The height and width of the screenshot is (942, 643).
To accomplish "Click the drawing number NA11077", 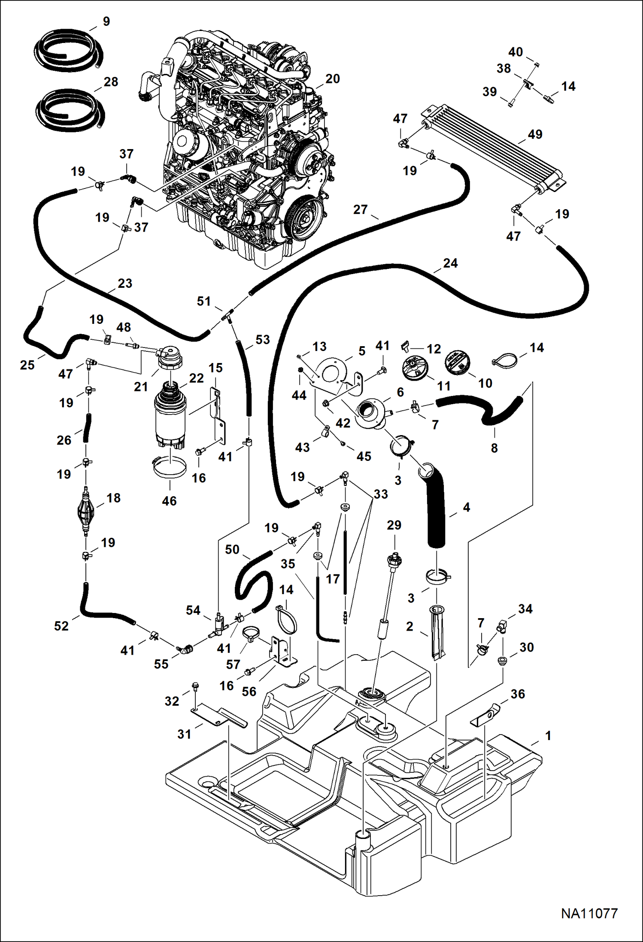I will (589, 914).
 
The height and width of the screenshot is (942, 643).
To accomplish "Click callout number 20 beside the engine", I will (332, 79).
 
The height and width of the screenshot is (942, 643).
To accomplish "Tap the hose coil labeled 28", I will (70, 110).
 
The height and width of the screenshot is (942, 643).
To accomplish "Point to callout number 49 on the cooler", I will (535, 134).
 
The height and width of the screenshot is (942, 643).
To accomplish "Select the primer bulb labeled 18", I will (85, 511).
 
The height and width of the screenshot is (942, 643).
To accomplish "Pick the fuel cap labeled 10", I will (458, 363).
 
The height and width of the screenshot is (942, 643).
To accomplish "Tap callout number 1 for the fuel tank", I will (548, 736).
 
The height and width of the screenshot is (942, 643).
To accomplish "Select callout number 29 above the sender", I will (394, 525).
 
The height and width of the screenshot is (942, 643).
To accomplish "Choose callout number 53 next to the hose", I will (262, 340).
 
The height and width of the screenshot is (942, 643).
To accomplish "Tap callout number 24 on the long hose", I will (450, 263).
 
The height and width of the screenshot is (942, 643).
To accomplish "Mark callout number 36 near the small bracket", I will (518, 694).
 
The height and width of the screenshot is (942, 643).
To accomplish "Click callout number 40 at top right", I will (516, 52).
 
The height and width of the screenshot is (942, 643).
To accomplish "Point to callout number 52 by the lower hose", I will (61, 626).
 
